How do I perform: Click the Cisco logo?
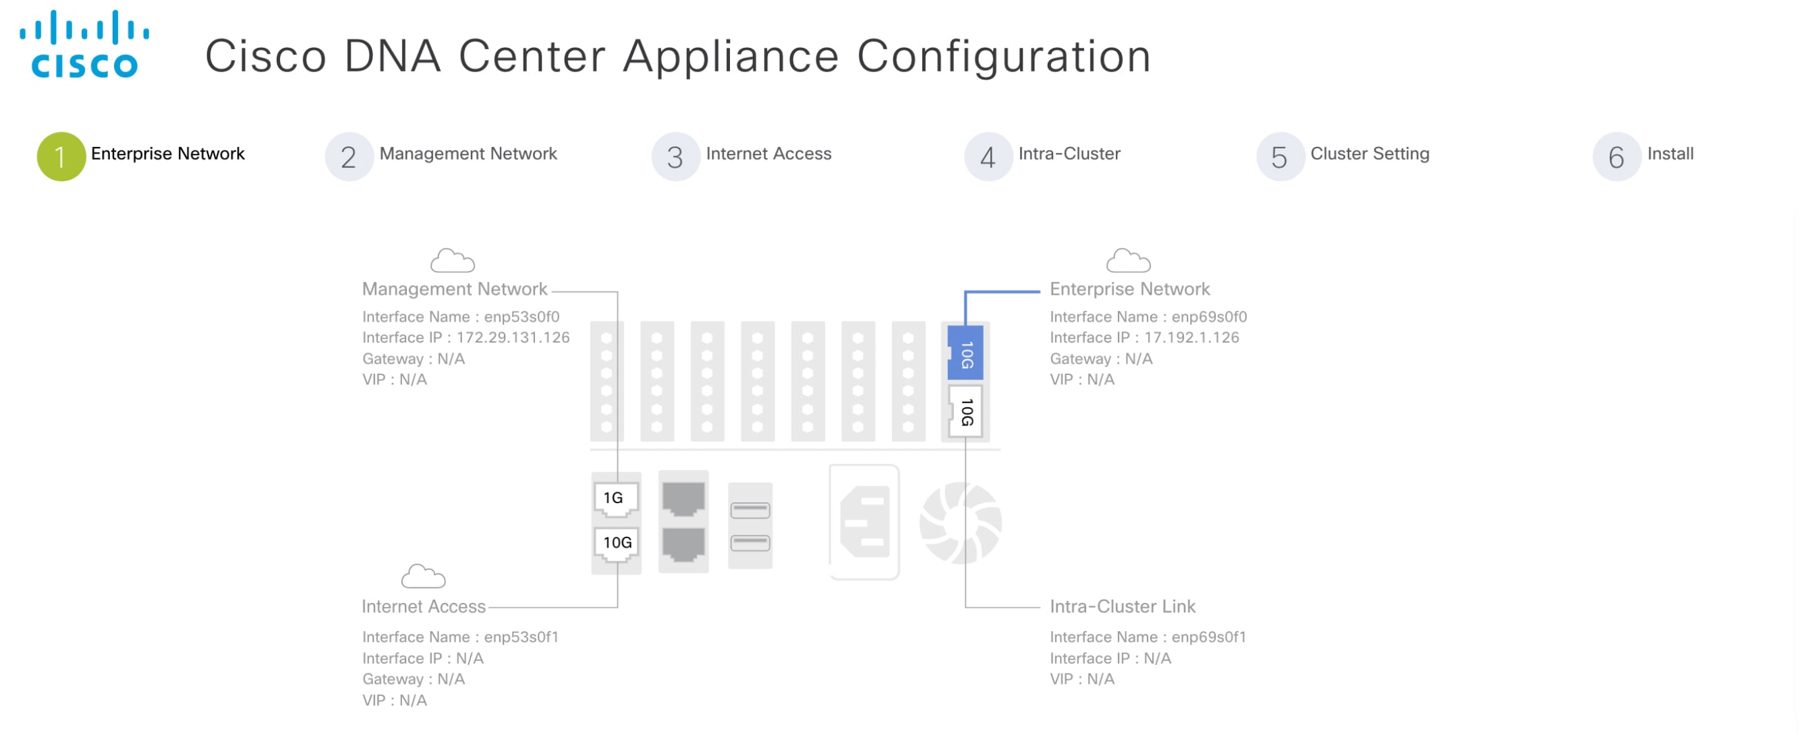pyautogui.click(x=84, y=43)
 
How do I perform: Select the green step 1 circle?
pyautogui.click(x=61, y=156)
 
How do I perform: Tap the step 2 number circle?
pyautogui.click(x=348, y=156)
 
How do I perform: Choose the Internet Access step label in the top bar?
pyautogui.click(x=768, y=153)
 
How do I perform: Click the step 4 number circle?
pyautogui.click(x=987, y=156)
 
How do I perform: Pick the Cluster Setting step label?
pyautogui.click(x=1369, y=153)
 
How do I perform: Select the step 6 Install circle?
pyautogui.click(x=1616, y=156)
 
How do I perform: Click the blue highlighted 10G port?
pyautogui.click(x=965, y=353)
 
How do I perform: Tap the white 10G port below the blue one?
pyautogui.click(x=965, y=412)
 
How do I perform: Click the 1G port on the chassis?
pyautogui.click(x=615, y=498)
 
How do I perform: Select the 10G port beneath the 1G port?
pyautogui.click(x=616, y=543)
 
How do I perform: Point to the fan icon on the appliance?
pyautogui.click(x=961, y=523)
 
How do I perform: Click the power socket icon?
pyautogui.click(x=864, y=522)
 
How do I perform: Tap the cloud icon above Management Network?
pyautogui.click(x=452, y=261)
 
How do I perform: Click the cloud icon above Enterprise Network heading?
pyautogui.click(x=1127, y=261)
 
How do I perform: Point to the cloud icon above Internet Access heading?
pyautogui.click(x=422, y=577)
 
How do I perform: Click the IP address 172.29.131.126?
pyautogui.click(x=513, y=338)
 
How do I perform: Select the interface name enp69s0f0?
pyautogui.click(x=1209, y=317)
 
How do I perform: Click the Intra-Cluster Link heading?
pyautogui.click(x=1122, y=606)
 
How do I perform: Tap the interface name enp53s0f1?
pyautogui.click(x=521, y=637)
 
